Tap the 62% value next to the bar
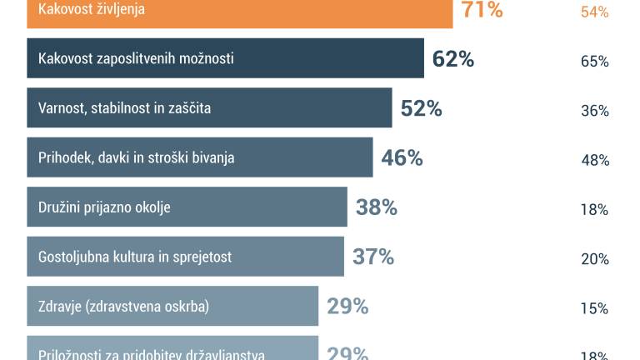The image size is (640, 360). [453, 59]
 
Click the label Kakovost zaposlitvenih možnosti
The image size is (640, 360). [136, 59]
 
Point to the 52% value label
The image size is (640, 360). [421, 108]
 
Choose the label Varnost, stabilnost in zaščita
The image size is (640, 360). [124, 108]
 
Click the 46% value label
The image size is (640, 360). [402, 157]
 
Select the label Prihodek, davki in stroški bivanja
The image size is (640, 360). [137, 157]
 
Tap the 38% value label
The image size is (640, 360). [376, 207]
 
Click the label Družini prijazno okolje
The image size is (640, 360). [104, 207]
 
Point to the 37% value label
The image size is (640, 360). [372, 257]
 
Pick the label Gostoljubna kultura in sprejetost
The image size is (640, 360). [135, 257]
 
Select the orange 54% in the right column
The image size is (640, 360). [594, 12]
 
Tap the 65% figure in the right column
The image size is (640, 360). [594, 61]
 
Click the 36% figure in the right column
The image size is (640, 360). [594, 110]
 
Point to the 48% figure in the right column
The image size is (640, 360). [594, 160]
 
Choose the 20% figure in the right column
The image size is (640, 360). [594, 258]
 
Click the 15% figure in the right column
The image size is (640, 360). [594, 308]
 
